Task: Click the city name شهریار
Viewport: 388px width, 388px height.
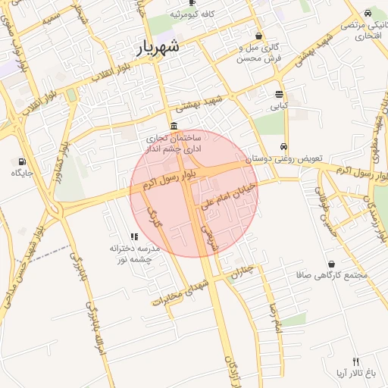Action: coord(159,46)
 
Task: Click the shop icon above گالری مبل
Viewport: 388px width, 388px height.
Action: coord(259,36)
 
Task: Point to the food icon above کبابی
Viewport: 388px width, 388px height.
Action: coord(280,94)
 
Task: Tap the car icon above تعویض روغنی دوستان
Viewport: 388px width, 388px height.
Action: coord(283,147)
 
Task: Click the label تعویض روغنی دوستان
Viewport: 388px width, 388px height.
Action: coord(288,160)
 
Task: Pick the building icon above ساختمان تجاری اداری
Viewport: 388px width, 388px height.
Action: coord(174,126)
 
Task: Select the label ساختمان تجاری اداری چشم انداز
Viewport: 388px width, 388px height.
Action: coord(174,145)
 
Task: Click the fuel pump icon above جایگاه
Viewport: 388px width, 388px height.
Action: coord(21,161)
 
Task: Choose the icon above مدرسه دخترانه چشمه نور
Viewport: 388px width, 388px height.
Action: coord(134,236)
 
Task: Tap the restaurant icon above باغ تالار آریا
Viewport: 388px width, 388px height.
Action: coord(356,361)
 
